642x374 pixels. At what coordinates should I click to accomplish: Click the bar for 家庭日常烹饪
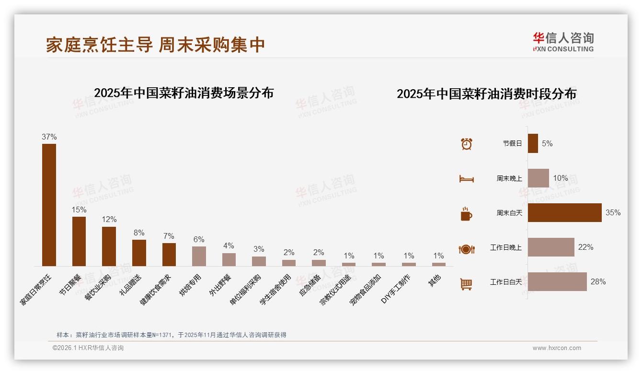[49, 205]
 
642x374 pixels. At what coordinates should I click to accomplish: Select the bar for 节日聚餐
[79, 241]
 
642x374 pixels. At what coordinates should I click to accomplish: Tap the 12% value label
[109, 220]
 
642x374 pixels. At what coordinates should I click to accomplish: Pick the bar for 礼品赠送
[139, 253]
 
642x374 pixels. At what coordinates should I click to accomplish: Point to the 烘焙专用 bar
[199, 256]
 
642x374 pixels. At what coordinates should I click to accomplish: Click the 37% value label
[49, 137]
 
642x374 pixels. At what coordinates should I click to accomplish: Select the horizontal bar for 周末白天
[564, 212]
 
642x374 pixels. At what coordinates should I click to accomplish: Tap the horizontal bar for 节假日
[533, 143]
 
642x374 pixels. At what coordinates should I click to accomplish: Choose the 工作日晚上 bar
[551, 247]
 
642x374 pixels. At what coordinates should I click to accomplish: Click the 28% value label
[598, 282]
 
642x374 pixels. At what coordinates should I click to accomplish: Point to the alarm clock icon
[466, 144]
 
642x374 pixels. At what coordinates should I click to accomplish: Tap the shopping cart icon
[466, 284]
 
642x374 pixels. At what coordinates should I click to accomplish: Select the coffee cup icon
[466, 214]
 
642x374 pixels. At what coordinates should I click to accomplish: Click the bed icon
[466, 179]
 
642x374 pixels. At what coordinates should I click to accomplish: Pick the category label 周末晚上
[509, 178]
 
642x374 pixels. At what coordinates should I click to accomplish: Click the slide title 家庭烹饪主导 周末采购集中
[155, 45]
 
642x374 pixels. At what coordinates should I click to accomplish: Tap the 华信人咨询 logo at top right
[563, 42]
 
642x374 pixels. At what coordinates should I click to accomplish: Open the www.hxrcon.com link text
[557, 348]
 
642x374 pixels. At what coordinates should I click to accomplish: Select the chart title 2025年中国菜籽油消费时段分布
[486, 93]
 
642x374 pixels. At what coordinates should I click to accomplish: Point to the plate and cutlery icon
[466, 249]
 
